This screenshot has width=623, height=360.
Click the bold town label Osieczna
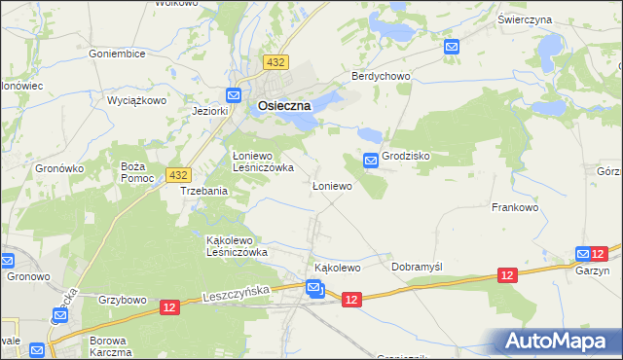pyautogui.click(x=284, y=107)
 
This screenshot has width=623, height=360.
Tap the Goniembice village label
pyautogui.click(x=118, y=54)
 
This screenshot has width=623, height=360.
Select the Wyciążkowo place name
pyautogui.click(x=137, y=100)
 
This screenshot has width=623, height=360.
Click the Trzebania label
pyautogui.click(x=204, y=192)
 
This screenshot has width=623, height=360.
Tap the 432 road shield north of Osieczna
pyautogui.click(x=275, y=62)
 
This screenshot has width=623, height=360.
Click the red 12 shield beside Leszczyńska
pyautogui.click(x=170, y=307)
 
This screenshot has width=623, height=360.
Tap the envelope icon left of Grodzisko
pyautogui.click(x=371, y=160)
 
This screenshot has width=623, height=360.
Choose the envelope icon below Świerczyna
pyautogui.click(x=451, y=46)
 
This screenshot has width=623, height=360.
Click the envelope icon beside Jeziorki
pyautogui.click(x=234, y=95)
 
